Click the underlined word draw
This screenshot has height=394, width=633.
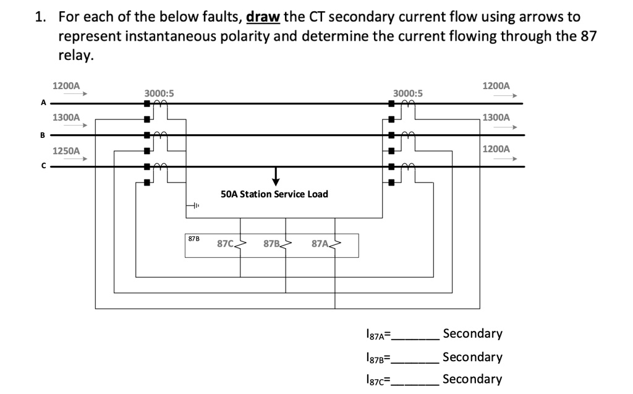263,16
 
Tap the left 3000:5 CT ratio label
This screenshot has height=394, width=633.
159,93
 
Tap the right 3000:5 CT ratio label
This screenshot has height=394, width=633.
407,93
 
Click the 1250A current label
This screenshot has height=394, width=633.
66,150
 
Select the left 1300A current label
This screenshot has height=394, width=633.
66,117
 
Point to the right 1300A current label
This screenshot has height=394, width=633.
496,117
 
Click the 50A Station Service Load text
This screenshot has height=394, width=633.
274,194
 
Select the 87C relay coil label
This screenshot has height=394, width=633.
225,244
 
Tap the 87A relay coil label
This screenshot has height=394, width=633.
320,244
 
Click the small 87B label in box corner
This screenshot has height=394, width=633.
193,238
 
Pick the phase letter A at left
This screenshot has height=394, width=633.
43,103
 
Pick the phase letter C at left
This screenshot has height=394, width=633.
43,166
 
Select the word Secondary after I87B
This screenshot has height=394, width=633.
472,357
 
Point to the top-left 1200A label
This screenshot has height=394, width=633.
66,85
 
